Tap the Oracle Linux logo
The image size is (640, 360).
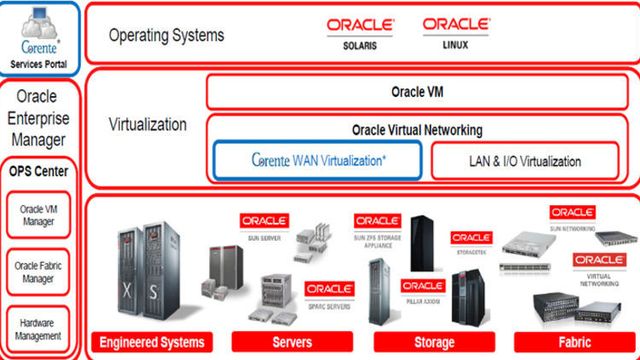pos(456,32)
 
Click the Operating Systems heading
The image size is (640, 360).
pos(166,36)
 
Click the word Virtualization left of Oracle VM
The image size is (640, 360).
pos(148,126)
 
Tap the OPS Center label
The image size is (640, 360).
pos(40,170)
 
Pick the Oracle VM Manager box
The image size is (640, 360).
pos(40,214)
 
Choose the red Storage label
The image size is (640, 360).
pos(433,342)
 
